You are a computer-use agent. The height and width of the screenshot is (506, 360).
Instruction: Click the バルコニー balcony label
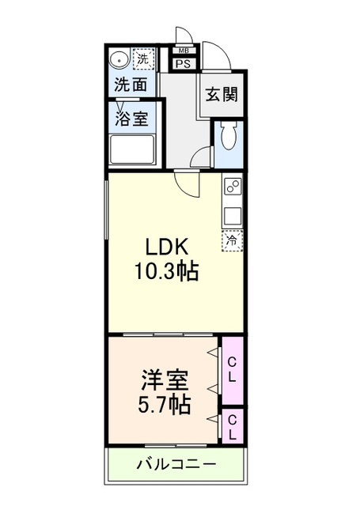click(176, 464)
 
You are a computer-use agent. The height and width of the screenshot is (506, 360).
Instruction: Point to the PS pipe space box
click(183, 65)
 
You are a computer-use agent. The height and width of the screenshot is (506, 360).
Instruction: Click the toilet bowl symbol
click(228, 138)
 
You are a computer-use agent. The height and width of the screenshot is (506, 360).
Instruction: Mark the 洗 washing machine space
click(143, 58)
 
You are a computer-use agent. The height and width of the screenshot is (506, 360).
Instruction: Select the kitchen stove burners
click(233, 188)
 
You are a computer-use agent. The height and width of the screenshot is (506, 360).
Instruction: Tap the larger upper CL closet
click(232, 369)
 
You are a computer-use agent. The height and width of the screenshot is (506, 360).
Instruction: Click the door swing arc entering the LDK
click(188, 183)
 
